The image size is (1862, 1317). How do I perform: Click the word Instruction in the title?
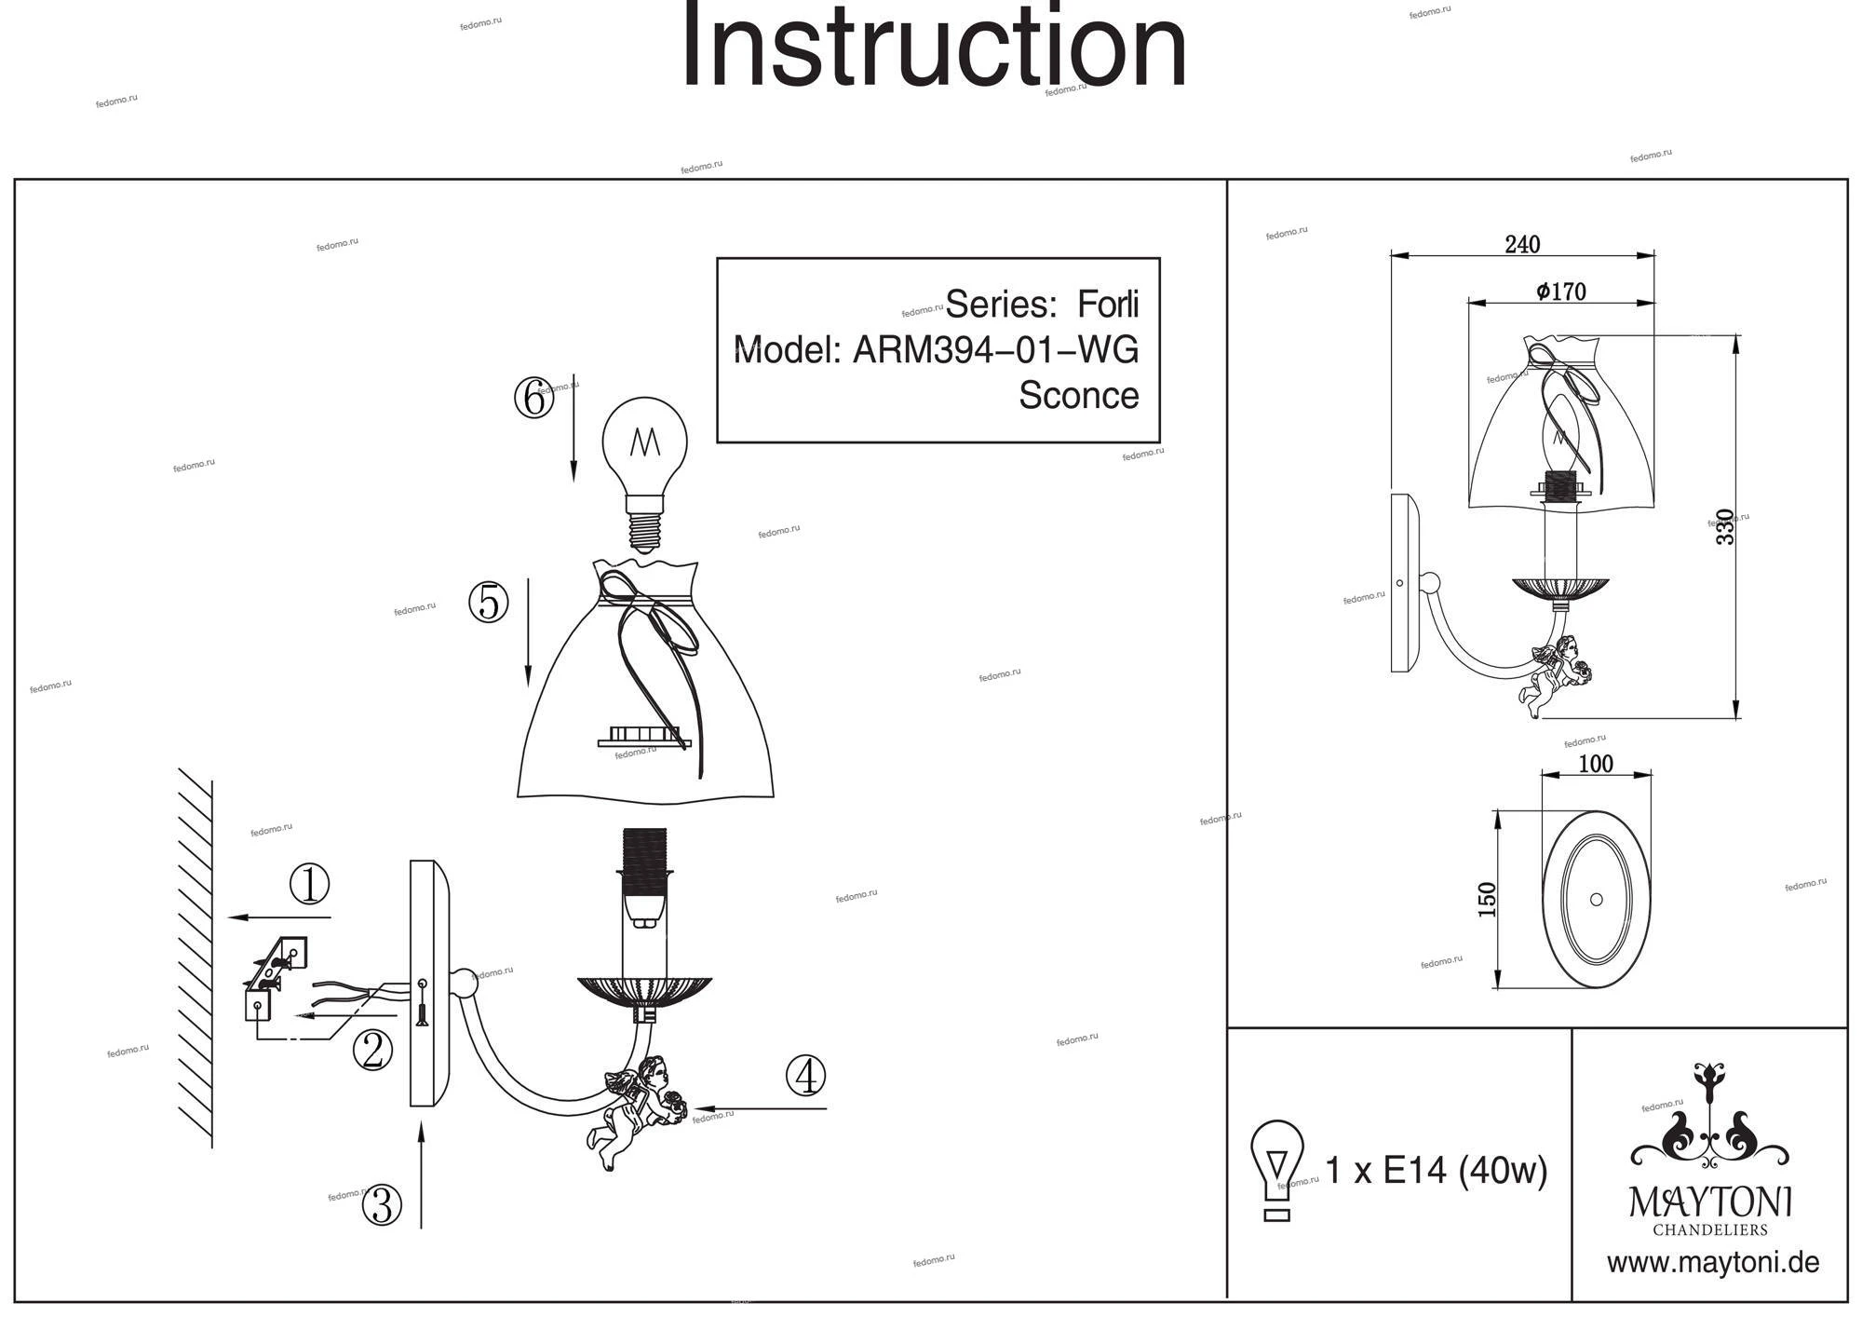coord(934,47)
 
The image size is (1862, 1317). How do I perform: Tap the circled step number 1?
coord(309,884)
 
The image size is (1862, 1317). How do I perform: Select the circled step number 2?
coord(372,1052)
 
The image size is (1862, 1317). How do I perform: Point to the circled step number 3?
coord(382,1205)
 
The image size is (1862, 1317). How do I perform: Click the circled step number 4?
coord(805,1076)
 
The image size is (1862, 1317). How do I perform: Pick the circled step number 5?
coord(489,602)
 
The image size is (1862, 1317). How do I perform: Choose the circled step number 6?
coord(533,399)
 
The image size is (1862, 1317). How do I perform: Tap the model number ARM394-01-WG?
coord(995,350)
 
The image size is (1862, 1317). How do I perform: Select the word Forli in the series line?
coord(1108,305)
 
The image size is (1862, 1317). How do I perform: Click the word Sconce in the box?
coord(1078,395)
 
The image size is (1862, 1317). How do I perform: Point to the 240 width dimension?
coord(1522,244)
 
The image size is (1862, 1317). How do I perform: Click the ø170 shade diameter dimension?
coord(1561,292)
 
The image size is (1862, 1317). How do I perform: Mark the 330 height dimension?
coord(1725,527)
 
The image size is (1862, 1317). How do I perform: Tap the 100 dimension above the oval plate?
coord(1596,764)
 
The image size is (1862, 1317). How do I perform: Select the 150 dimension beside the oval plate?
coord(1487,899)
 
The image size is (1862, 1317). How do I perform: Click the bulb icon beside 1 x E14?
coord(1276,1169)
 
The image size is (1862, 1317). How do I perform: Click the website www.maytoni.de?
coord(1712,1263)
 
